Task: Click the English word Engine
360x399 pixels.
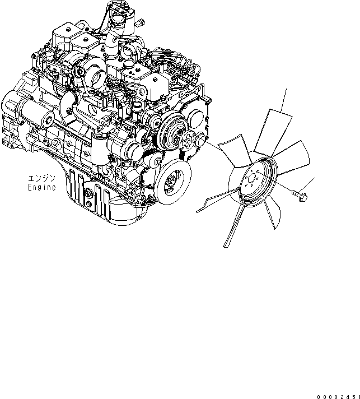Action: (42, 188)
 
